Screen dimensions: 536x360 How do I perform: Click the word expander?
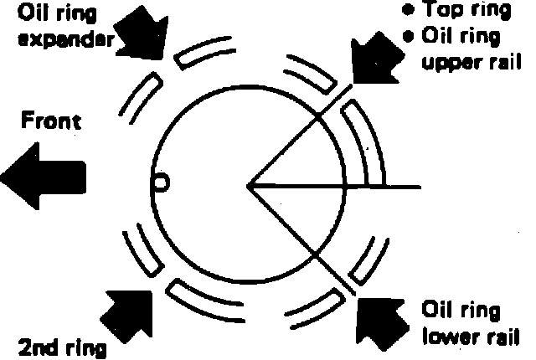[59, 39]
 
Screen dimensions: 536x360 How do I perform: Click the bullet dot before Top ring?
[409, 12]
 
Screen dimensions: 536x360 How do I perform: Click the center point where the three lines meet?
[249, 183]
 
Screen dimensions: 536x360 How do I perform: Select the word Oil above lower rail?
[440, 312]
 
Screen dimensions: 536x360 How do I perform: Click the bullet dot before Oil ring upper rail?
[409, 37]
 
